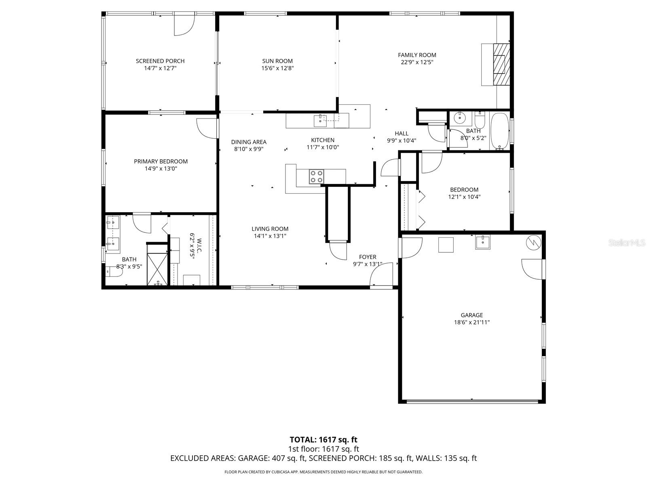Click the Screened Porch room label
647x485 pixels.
click(x=160, y=61)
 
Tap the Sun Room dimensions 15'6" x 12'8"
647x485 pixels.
click(x=277, y=68)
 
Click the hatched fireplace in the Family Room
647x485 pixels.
click(x=501, y=64)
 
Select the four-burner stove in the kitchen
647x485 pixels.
click(x=316, y=176)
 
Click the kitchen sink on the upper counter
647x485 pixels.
click(x=320, y=119)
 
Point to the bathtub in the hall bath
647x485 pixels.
click(x=500, y=131)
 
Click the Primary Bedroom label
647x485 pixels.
click(x=161, y=161)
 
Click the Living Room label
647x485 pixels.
click(x=270, y=229)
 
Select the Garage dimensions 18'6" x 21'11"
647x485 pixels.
click(x=472, y=323)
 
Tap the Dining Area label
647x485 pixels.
click(x=249, y=142)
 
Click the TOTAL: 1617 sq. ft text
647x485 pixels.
click(x=323, y=440)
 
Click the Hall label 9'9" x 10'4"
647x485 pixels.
click(x=402, y=137)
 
